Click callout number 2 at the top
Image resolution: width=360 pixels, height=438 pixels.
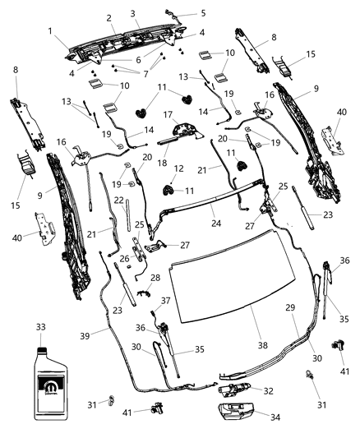[109, 18]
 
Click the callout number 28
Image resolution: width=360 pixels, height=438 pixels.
[155, 279]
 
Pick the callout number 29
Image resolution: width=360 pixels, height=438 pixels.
[288, 307]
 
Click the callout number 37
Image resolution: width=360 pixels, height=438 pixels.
[165, 300]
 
